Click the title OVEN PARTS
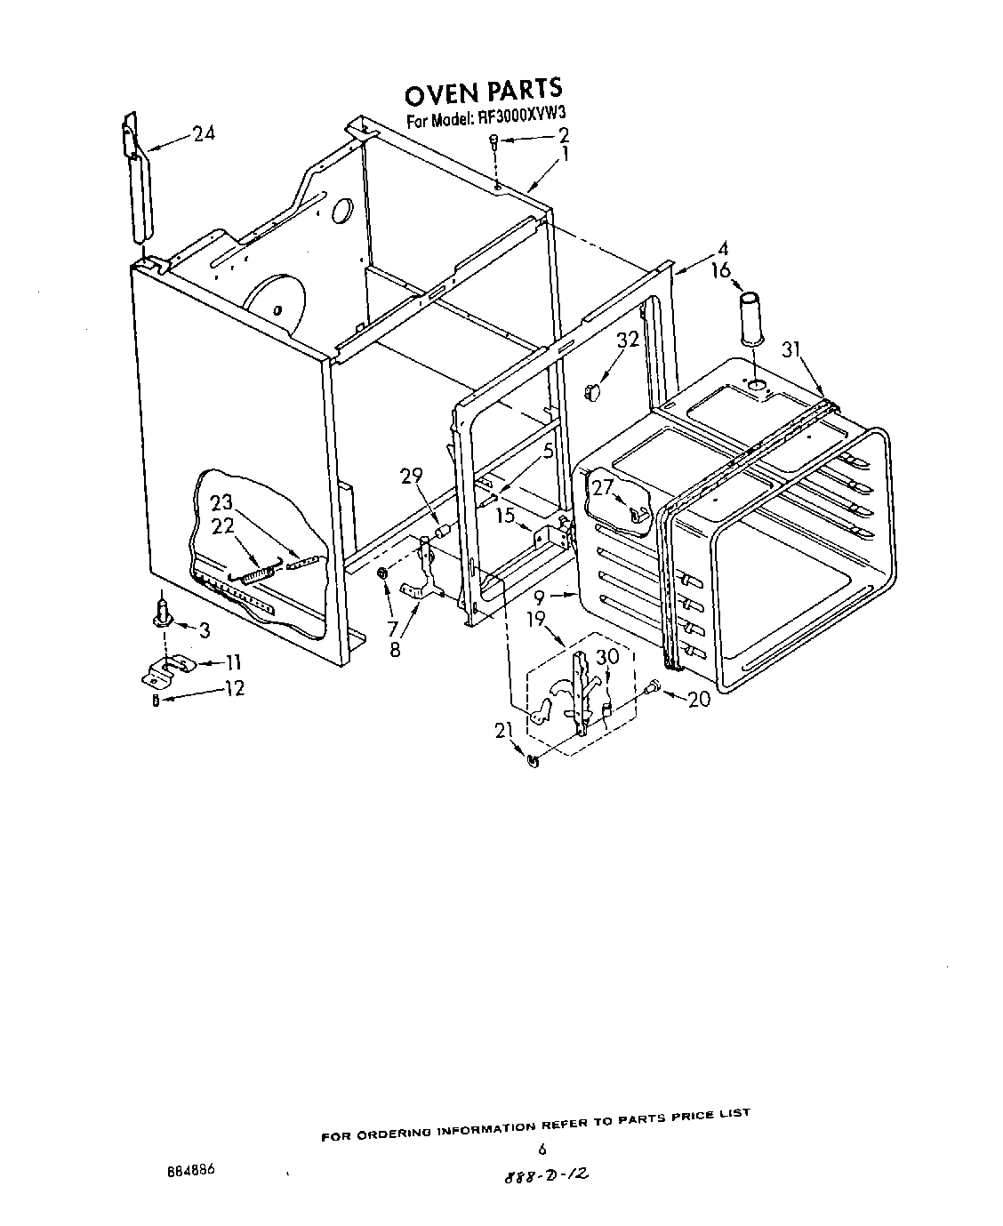point(483,91)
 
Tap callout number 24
point(204,134)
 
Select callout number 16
point(720,270)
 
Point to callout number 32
point(628,338)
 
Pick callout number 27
point(603,487)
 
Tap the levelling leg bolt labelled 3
point(163,613)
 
